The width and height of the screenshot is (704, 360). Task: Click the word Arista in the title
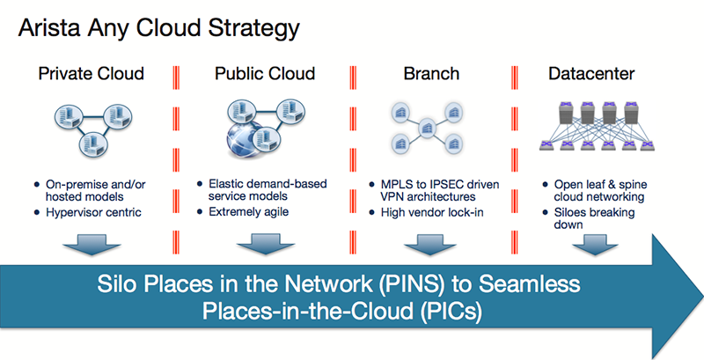[x=49, y=28]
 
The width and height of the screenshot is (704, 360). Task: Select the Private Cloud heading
[x=92, y=73]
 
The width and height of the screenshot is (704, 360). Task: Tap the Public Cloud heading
[x=265, y=73]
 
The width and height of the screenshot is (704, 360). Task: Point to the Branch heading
[x=431, y=73]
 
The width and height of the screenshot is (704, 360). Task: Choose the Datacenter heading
[x=591, y=73]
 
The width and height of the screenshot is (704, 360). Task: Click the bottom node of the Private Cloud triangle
[x=92, y=143]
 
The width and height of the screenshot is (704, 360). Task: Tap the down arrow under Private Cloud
[x=92, y=244]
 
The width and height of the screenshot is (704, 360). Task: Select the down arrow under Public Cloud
[x=266, y=244]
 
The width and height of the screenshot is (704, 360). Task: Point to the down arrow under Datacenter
[x=596, y=244]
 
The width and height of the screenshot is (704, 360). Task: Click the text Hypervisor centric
[x=94, y=212]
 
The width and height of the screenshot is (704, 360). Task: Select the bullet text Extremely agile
[x=249, y=211]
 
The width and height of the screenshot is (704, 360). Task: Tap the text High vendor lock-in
[x=432, y=212]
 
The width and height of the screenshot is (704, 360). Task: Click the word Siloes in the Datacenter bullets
[x=571, y=212]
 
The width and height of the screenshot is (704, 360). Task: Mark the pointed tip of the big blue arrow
[x=702, y=297]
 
